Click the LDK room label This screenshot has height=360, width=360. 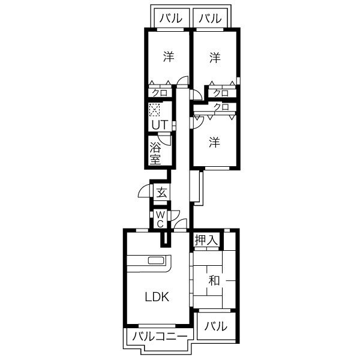157,297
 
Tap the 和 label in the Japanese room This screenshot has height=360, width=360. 214,280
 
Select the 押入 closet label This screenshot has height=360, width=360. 206,240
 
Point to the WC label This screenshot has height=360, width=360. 160,220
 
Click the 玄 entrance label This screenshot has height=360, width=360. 161,193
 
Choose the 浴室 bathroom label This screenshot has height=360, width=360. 155,153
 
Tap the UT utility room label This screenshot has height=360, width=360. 160,125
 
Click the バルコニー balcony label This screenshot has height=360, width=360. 160,337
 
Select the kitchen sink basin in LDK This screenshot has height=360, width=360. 156,260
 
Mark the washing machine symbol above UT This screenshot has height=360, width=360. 154,110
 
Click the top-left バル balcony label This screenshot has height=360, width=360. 171,18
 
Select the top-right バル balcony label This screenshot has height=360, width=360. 210,18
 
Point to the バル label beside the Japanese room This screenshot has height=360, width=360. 216,326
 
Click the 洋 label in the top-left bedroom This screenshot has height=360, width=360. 169,56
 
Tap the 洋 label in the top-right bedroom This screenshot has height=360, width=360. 215,58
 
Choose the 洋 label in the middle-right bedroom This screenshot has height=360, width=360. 214,142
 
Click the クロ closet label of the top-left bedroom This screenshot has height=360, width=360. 160,93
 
